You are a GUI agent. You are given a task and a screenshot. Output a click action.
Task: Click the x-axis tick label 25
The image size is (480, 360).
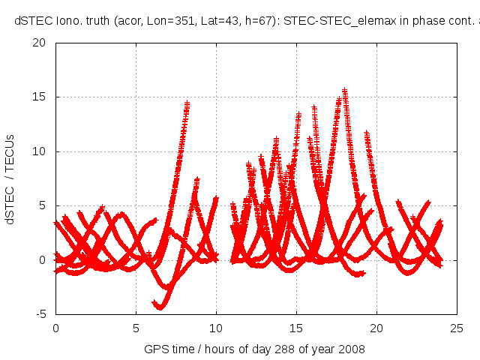coord(457,328)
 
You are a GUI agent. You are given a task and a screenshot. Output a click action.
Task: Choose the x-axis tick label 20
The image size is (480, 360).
coord(377,328)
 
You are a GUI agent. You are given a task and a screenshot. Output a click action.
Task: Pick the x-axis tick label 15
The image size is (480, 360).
coord(297,328)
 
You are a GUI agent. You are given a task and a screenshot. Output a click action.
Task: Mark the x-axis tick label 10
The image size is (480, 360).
coord(216,328)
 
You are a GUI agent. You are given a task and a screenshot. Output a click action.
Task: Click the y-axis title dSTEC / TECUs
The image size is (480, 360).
coord(10,178)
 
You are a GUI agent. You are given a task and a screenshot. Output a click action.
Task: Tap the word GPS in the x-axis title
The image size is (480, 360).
coord(155,349)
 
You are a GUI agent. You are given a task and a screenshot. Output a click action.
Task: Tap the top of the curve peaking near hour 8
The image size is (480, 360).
coord(187,103)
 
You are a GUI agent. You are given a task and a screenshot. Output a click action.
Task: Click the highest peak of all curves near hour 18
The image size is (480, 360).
coord(345,91)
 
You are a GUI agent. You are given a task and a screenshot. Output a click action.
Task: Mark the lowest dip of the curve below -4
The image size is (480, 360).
coord(160,307)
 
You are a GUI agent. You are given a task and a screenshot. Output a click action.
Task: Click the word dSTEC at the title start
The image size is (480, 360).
coord(32,21)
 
